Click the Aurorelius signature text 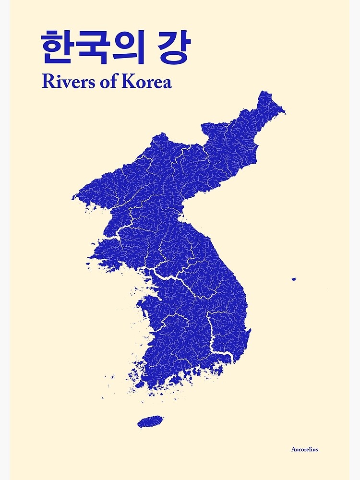304,449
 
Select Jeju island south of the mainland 150,421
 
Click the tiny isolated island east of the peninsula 294,279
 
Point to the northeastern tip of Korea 283,112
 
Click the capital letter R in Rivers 47,82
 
